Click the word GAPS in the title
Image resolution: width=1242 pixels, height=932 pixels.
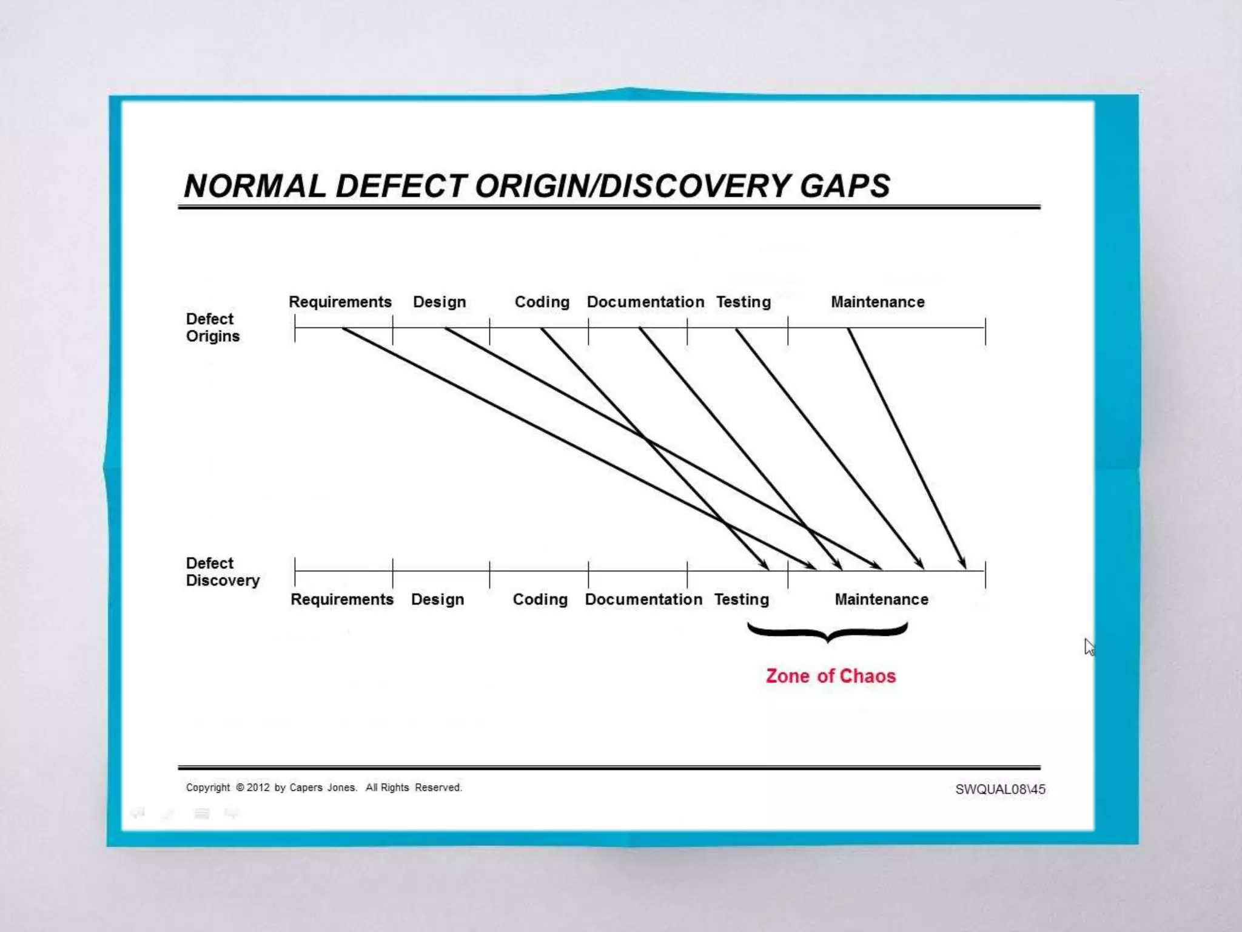845,186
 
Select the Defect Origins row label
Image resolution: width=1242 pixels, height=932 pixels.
212,328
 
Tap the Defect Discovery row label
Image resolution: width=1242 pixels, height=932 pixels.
222,572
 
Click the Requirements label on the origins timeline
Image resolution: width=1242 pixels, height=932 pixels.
340,302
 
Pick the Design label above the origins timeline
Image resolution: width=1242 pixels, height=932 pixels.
439,302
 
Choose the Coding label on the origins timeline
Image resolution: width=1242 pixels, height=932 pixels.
542,302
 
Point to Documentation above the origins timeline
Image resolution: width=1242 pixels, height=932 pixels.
645,302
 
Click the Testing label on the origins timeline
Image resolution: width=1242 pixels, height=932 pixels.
743,302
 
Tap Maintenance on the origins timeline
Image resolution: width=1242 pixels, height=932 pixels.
878,302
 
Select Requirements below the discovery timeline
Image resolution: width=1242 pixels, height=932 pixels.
341,599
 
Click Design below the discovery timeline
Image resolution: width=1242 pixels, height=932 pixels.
437,599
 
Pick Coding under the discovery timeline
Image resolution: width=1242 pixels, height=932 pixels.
540,599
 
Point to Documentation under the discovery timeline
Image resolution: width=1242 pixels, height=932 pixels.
643,599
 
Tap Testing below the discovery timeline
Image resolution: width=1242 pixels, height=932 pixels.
741,599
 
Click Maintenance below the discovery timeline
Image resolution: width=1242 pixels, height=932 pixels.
881,599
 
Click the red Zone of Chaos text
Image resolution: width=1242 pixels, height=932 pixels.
830,676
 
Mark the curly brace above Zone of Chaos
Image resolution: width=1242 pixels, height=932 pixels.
828,632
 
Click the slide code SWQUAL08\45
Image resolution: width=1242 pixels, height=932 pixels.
1000,789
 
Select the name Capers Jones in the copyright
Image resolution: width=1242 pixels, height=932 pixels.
323,788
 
